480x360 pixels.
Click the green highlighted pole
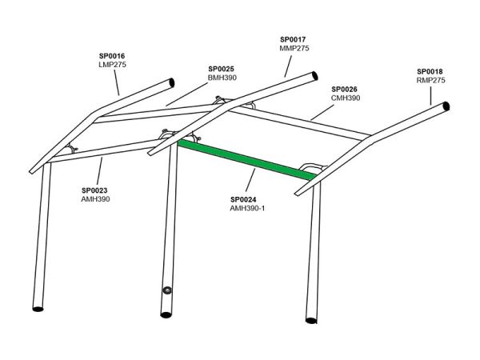point(247,159)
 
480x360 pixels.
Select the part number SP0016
point(112,56)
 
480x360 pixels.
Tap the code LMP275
point(112,65)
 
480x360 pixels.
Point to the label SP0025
point(221,69)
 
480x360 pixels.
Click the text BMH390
point(222,78)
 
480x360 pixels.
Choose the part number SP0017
point(293,39)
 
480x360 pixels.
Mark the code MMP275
point(294,48)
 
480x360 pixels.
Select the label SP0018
point(430,72)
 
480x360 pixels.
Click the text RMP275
point(430,80)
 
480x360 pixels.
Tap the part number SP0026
point(344,90)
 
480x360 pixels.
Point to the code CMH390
point(346,98)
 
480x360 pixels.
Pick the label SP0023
point(94,190)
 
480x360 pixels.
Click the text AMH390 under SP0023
point(95,199)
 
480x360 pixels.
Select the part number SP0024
point(243,199)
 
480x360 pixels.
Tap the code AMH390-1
point(247,208)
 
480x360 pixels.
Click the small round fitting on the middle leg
point(167,290)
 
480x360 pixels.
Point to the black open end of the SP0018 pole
point(446,107)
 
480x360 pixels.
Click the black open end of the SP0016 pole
point(172,82)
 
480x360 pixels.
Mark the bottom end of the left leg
point(38,309)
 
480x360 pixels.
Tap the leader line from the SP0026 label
point(322,112)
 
